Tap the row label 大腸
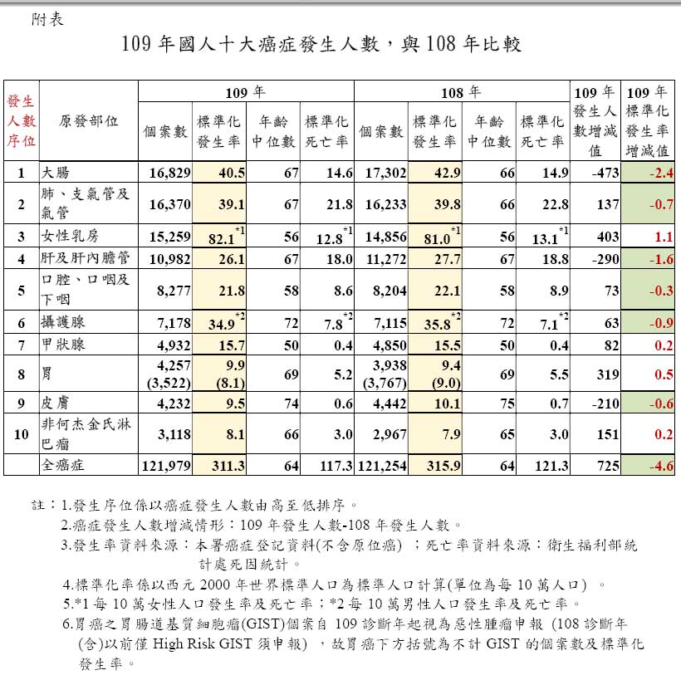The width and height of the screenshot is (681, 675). [57, 173]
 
